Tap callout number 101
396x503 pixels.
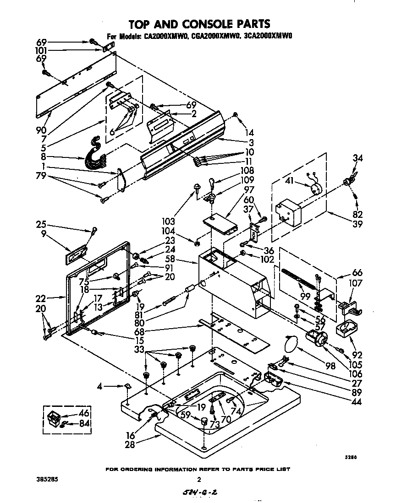pos(42,50)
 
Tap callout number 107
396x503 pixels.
pos(356,284)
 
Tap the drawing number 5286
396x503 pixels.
pos(351,457)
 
